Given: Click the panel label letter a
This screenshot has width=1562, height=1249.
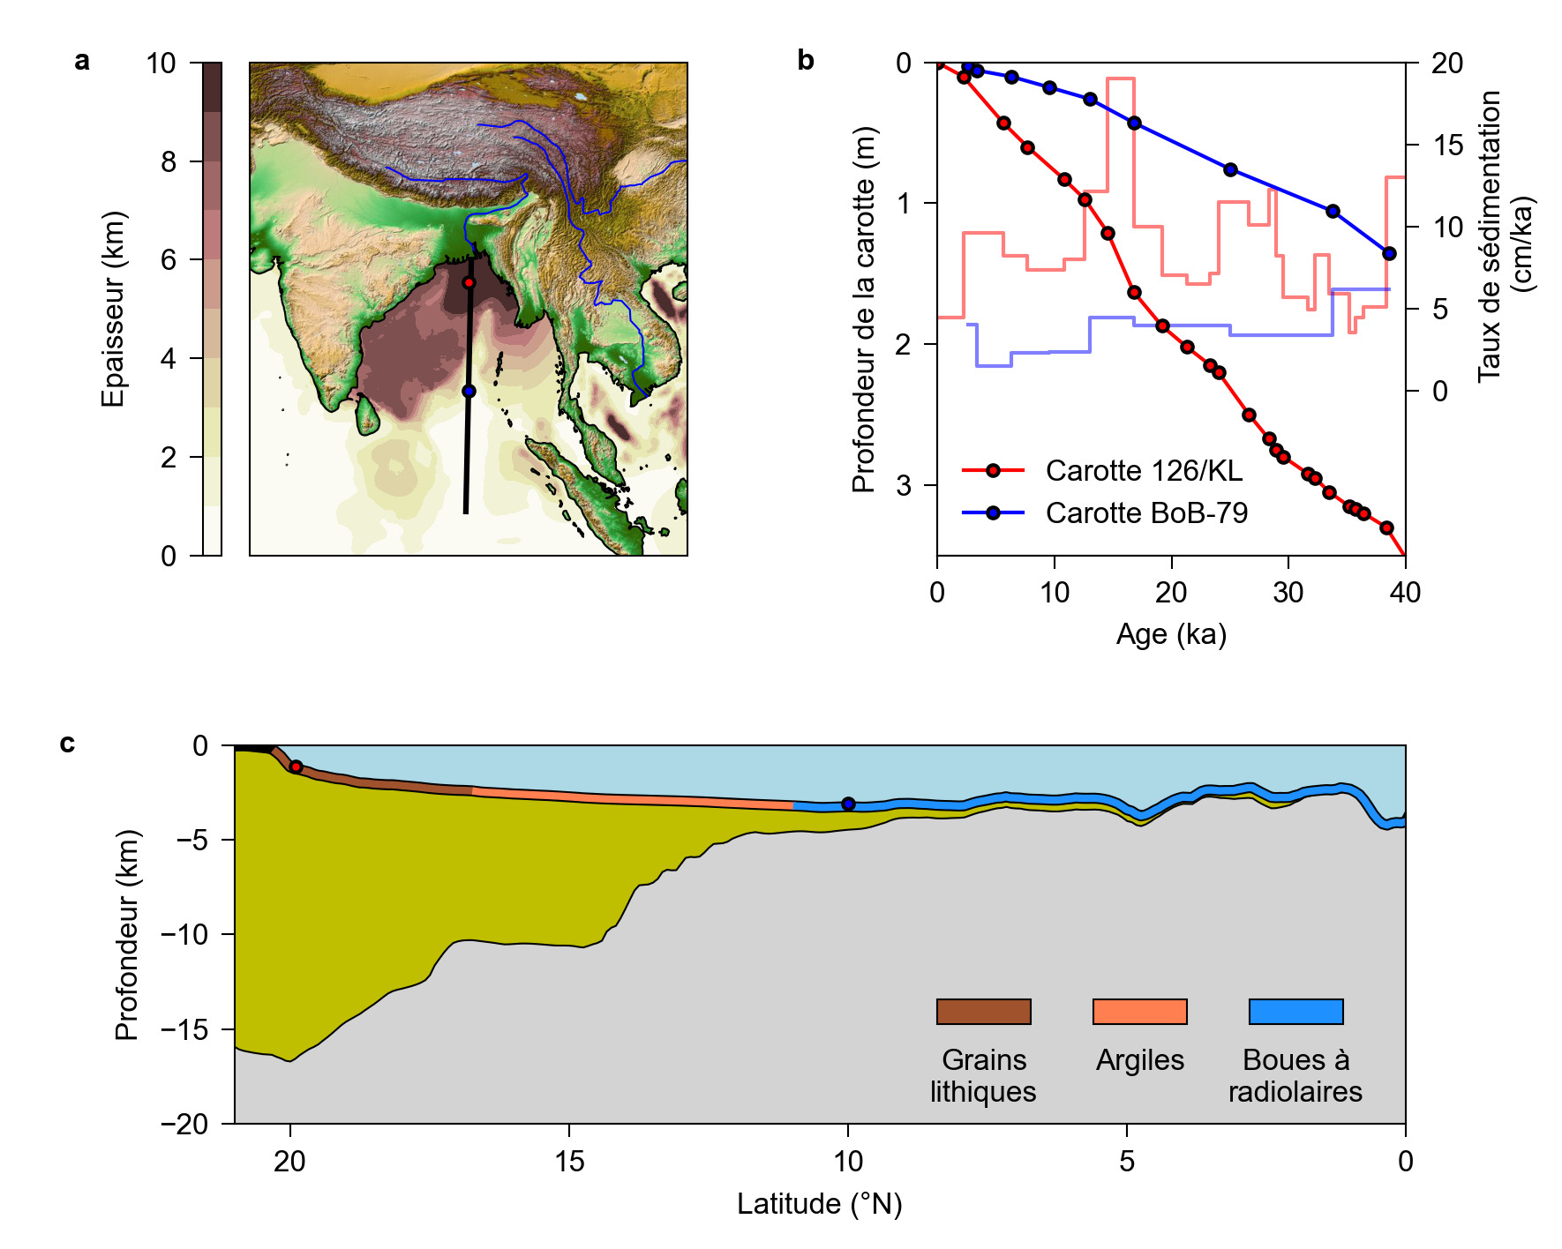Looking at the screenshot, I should pos(82,61).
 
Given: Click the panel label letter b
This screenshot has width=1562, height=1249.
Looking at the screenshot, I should pos(805,61).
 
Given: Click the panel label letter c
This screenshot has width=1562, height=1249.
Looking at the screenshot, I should pos(68,744).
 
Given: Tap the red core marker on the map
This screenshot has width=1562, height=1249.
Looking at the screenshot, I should pos(469,282).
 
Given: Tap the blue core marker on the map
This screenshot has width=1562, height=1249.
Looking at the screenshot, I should pos(469,391).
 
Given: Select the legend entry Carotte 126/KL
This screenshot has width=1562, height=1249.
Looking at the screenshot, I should pos(1143,471).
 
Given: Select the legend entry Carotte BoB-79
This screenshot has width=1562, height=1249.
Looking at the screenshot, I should pos(1145,513).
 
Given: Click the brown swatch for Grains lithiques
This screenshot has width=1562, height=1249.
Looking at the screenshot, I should pos(983,1012).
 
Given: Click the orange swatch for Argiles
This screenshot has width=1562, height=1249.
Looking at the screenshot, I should pos(1139,1012).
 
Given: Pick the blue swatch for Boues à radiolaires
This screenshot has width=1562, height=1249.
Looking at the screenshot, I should pos(1295,1012).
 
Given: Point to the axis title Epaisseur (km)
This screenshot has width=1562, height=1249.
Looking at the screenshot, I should pos(113,309).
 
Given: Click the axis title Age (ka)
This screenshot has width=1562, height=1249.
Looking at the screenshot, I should pos(1171,634).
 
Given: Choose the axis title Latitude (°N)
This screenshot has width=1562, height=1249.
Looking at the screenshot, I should pos(819,1204).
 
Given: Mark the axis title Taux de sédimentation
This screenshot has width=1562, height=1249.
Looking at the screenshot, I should pos(1490,236).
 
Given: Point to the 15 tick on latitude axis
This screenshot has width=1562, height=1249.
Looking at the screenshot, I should pos(569,1162).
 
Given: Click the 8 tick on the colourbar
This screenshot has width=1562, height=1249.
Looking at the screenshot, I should pos(169,161).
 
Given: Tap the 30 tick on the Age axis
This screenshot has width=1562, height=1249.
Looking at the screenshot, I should pos(1288,593).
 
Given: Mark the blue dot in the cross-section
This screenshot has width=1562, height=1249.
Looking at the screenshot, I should pos(848,804).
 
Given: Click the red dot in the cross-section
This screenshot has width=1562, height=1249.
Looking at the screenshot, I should pos(297,767).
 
